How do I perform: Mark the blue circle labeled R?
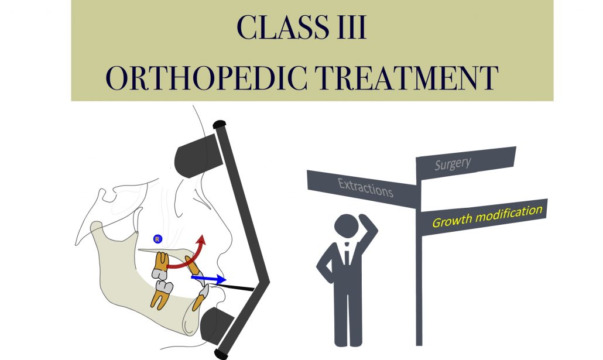[x=157, y=238]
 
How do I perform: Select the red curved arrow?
[x=187, y=258]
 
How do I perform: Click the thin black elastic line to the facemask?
[x=237, y=287]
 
